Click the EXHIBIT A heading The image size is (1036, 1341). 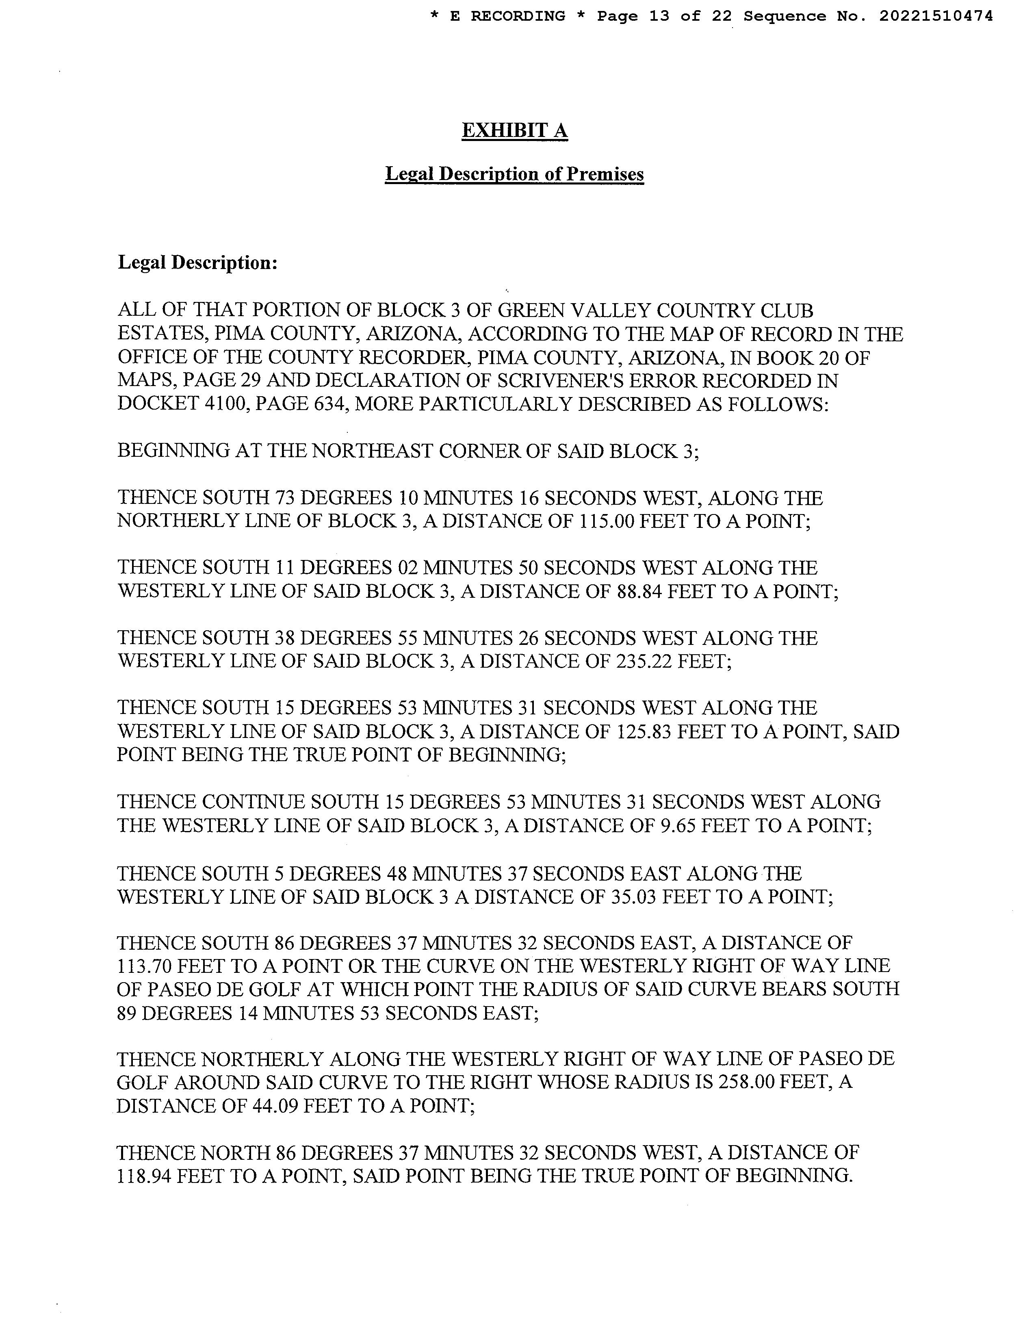[x=514, y=131]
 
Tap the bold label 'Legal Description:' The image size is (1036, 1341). [x=197, y=263]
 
